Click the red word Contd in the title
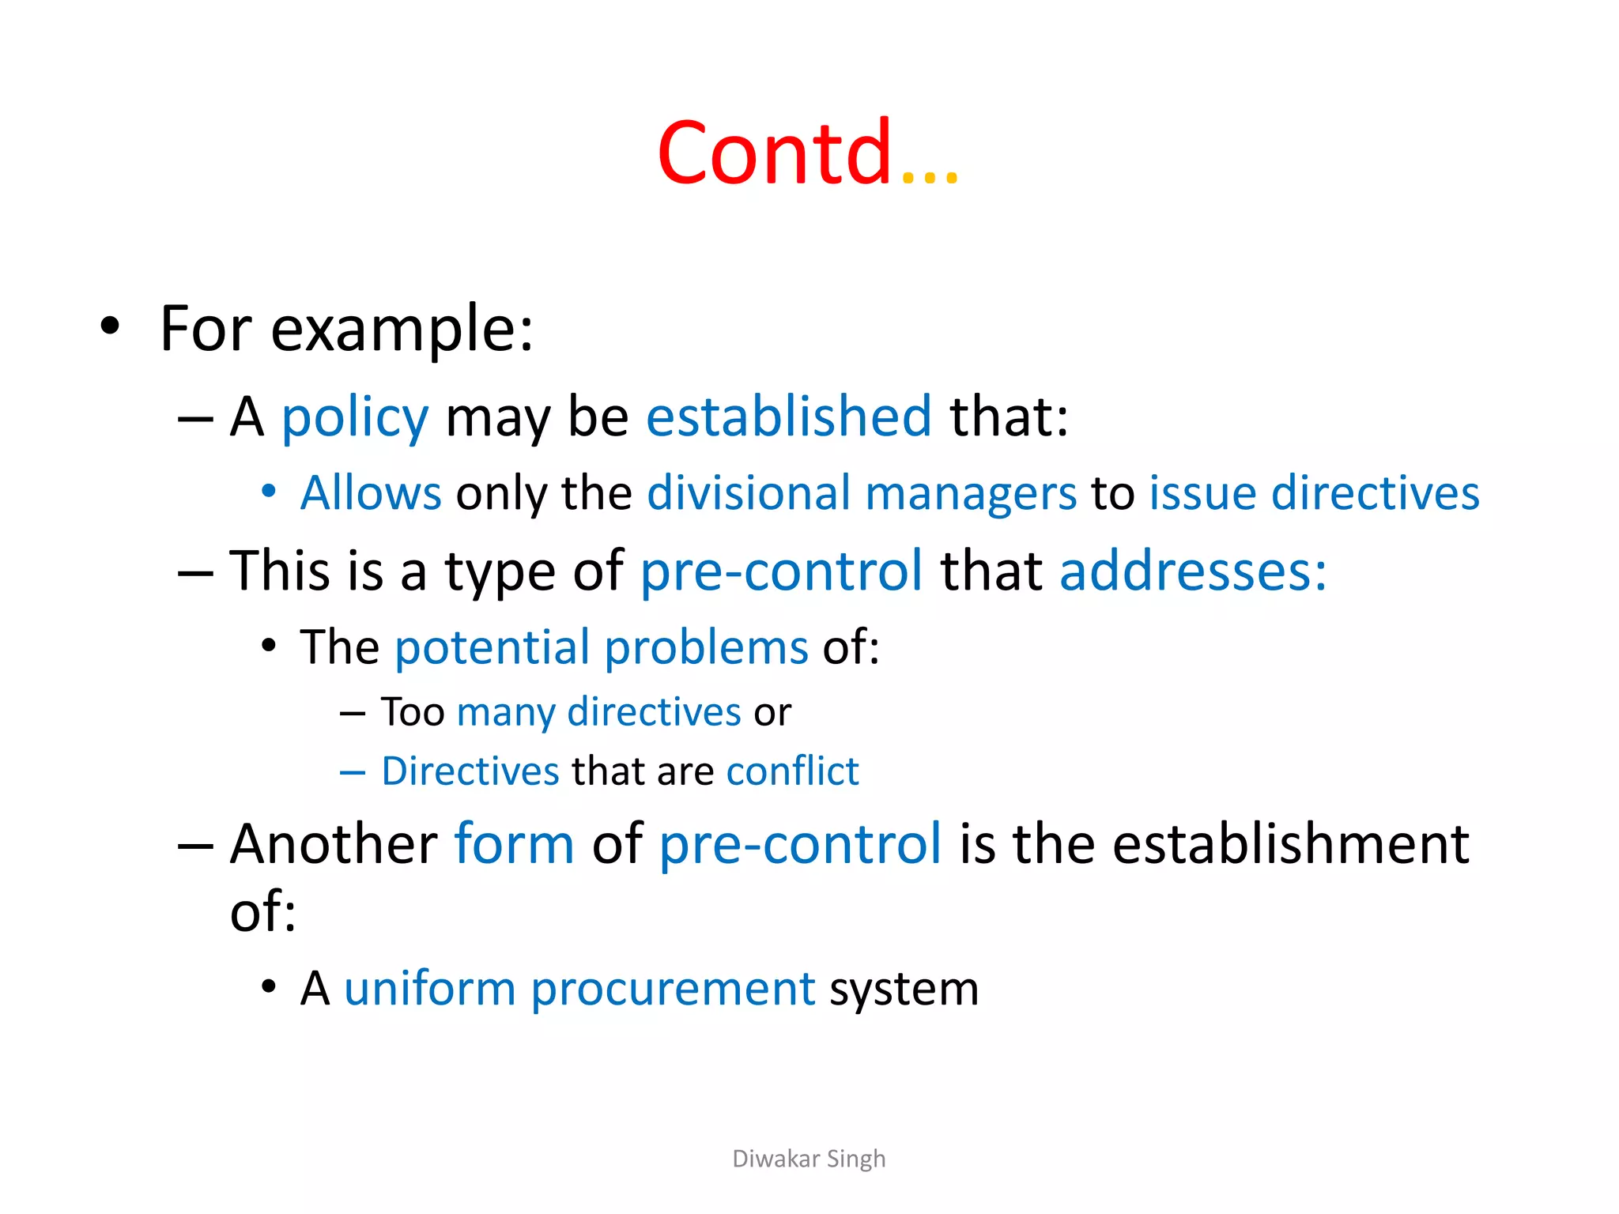[x=775, y=153]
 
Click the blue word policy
[x=355, y=417]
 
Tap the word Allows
[x=371, y=493]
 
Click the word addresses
[x=1192, y=571]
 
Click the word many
[x=506, y=713]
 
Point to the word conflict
[x=792, y=771]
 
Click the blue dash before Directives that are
[x=353, y=771]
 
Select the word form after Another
[x=514, y=843]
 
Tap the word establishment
[x=1291, y=843]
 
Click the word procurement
[x=673, y=989]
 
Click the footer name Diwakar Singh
[x=809, y=1159]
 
